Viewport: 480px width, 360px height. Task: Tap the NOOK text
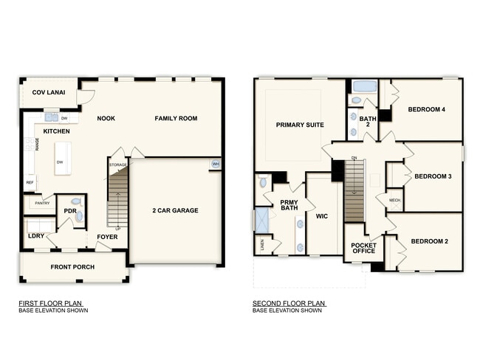tap(106, 118)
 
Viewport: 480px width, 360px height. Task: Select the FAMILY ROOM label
tap(176, 118)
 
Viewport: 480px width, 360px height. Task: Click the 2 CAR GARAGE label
tap(175, 210)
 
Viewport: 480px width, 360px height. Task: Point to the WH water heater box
tap(216, 164)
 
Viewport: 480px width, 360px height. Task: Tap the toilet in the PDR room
tap(79, 215)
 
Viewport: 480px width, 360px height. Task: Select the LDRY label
tap(35, 236)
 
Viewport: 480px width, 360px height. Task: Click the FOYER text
tap(107, 237)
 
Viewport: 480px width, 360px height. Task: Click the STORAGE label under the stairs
tap(118, 165)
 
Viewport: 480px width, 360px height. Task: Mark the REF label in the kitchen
tap(30, 182)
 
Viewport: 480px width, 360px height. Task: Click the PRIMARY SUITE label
tap(300, 125)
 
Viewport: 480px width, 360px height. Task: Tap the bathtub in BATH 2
tap(364, 86)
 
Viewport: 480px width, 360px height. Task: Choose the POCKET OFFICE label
tap(363, 247)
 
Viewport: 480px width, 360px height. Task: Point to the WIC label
tap(320, 217)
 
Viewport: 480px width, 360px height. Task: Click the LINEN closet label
tap(262, 242)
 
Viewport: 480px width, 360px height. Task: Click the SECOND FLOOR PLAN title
tap(289, 302)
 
